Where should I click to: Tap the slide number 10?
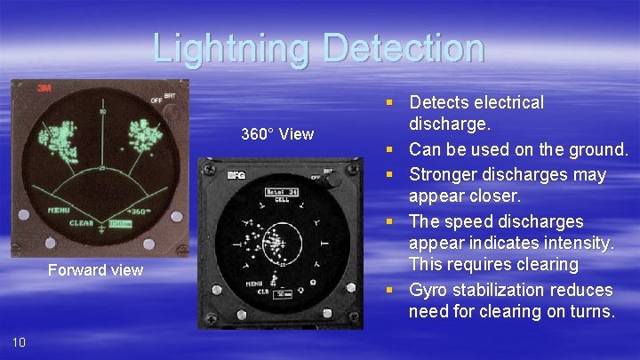pyautogui.click(x=20, y=342)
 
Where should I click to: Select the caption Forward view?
pyautogui.click(x=95, y=270)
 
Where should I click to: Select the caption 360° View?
pyautogui.click(x=277, y=134)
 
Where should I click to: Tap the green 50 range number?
pyautogui.click(x=102, y=113)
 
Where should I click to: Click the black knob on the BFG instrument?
pyautogui.click(x=334, y=179)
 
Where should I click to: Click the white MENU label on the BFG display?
pyautogui.click(x=255, y=284)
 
